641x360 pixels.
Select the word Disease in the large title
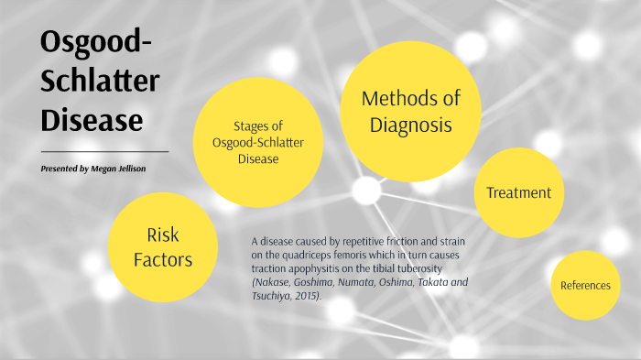92,120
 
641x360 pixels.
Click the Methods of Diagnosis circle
410,111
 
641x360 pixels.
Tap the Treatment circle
518,192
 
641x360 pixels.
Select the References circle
585,285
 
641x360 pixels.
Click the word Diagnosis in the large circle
411,125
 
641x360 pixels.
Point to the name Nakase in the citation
271,283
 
